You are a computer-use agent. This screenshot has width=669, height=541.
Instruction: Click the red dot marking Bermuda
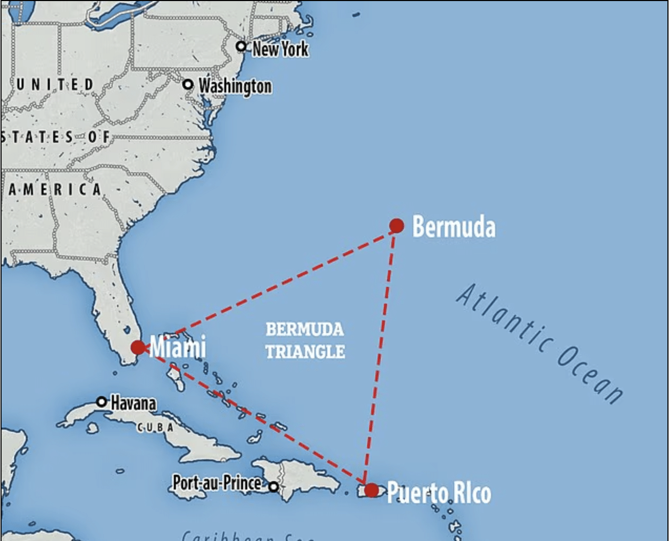[396, 226]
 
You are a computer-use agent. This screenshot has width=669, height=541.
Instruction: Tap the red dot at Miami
[138, 347]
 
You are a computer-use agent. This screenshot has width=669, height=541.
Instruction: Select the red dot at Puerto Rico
[371, 490]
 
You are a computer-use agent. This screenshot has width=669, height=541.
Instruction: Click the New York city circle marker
[241, 46]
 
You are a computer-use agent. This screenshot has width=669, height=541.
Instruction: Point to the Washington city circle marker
[188, 85]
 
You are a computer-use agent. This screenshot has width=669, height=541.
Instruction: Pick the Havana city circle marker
[102, 402]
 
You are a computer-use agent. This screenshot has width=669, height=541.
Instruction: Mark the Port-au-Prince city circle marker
[273, 487]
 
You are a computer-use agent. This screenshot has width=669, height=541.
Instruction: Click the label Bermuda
[454, 227]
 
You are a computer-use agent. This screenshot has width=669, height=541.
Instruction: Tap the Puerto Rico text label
[439, 493]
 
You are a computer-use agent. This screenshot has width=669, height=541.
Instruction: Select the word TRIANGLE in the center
[305, 351]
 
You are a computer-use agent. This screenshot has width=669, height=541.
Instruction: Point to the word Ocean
[591, 377]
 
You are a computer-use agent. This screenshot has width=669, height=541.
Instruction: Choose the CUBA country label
[155, 428]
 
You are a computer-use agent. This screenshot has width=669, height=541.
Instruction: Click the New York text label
[280, 49]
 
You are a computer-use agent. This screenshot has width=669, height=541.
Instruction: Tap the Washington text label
[235, 86]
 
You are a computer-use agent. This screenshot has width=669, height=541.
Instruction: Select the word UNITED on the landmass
[55, 85]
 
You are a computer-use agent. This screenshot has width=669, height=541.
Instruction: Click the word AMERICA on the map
[55, 190]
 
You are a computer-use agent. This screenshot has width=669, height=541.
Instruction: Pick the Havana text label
[133, 403]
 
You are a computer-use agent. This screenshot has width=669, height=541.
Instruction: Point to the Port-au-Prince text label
[217, 483]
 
